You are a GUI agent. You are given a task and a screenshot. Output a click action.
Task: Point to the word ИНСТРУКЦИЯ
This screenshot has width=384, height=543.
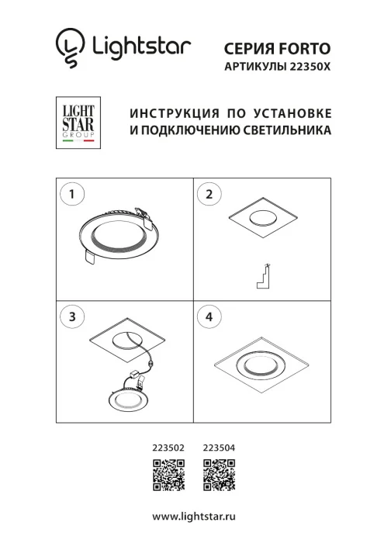point(162,113)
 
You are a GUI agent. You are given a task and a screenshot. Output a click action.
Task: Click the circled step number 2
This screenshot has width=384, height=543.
point(208,195)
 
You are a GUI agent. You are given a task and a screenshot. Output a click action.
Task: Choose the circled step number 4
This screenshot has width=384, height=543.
point(208,316)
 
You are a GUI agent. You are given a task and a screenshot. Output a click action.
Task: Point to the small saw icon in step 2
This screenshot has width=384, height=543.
point(264,277)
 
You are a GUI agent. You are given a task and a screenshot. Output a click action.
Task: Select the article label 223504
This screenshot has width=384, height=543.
point(218,448)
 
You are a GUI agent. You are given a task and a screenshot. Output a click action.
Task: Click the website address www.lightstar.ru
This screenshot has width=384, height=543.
point(192,516)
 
